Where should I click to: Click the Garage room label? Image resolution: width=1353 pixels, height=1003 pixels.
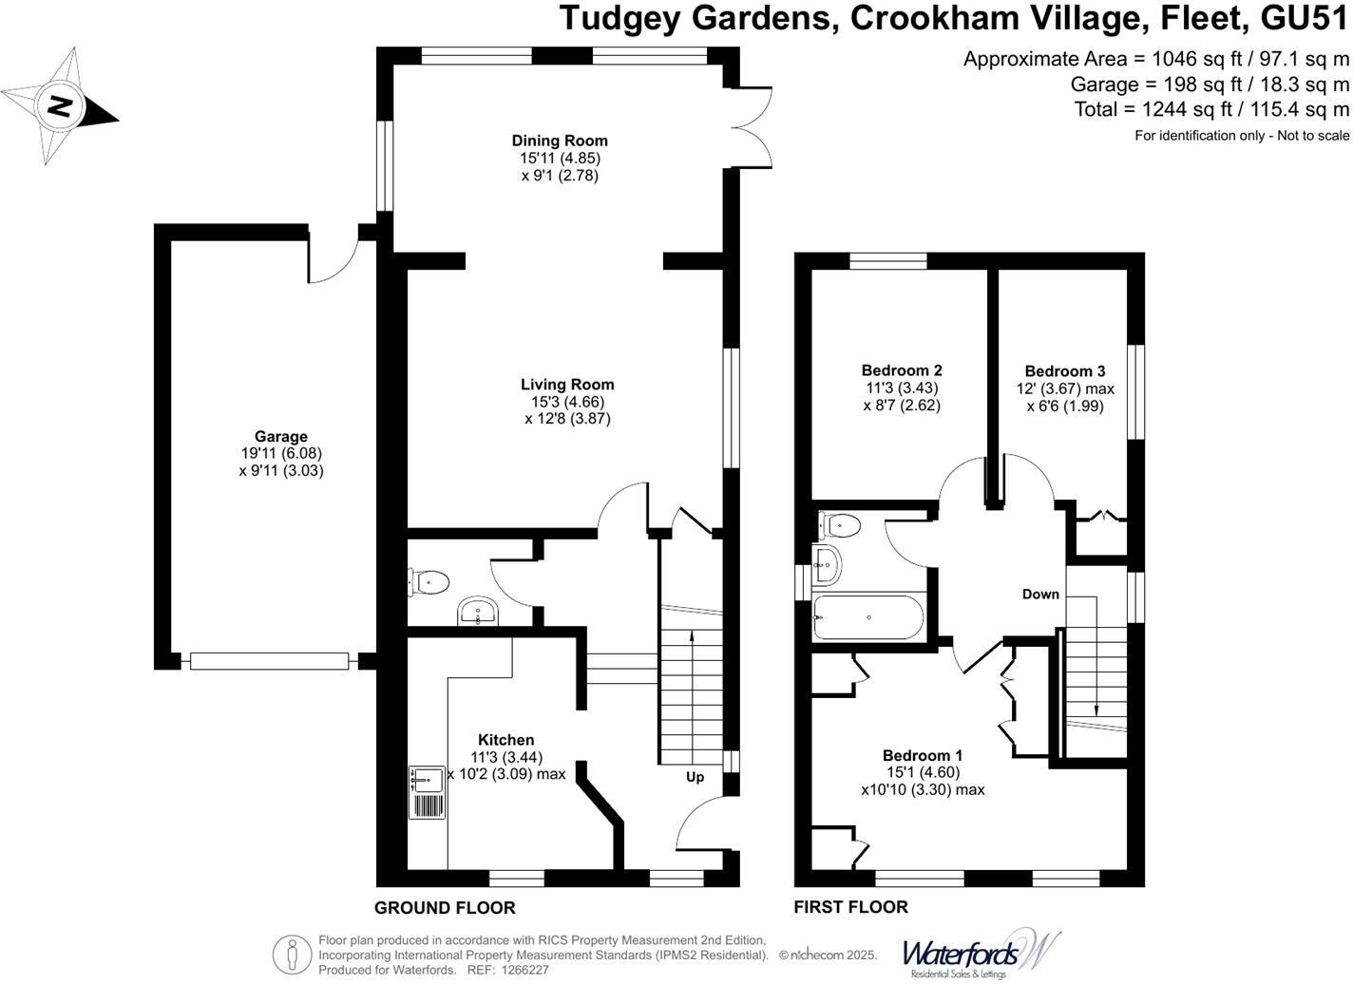280,437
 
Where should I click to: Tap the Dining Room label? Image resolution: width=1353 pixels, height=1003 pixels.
560,141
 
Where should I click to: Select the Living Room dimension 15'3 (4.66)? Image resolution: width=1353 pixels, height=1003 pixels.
567,402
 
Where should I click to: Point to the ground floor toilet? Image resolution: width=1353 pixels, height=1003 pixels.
429,582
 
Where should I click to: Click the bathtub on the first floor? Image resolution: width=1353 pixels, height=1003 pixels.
868,617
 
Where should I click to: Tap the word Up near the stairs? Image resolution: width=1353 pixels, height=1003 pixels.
695,777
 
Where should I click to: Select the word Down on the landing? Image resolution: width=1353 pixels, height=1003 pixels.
1040,594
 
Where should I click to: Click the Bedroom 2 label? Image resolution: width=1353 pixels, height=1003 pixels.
902,370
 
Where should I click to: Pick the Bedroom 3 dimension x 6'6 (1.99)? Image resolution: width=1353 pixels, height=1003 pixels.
1064,407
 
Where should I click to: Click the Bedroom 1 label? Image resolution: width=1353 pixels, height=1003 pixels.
923,755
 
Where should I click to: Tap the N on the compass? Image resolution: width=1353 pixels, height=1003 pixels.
59,106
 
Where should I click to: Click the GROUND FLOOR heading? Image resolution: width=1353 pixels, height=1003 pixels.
445,908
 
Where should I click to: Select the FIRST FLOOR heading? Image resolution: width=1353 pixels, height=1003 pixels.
851,907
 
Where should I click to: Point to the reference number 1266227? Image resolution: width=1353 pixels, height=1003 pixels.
525,970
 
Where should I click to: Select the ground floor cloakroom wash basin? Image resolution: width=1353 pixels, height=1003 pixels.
478,611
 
